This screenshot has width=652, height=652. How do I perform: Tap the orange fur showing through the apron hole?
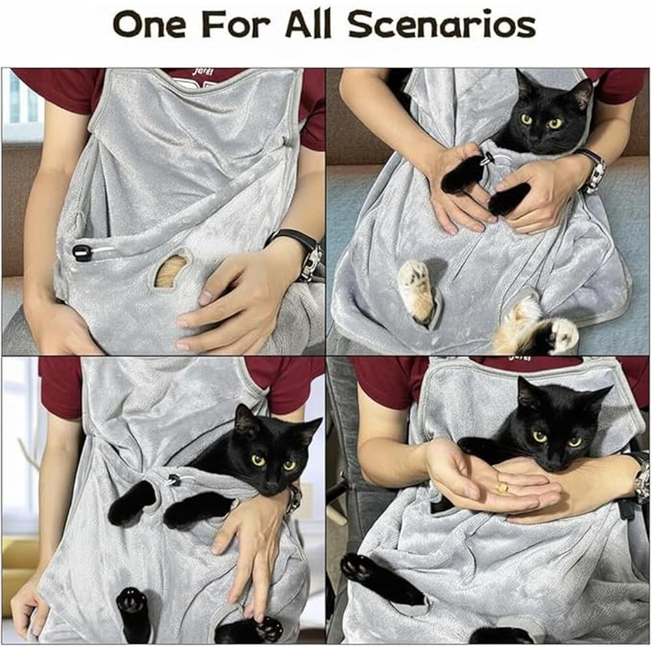pyautogui.click(x=171, y=271)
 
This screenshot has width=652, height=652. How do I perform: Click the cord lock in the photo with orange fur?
pyautogui.click(x=82, y=253)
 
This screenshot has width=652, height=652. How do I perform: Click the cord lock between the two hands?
pyautogui.click(x=487, y=159)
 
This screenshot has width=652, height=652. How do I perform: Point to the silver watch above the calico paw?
pyautogui.click(x=593, y=171)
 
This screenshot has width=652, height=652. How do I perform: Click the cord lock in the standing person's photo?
pyautogui.click(x=173, y=481)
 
